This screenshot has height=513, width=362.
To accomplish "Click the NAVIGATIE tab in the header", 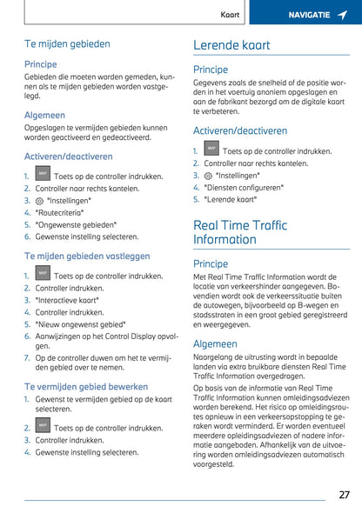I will [309, 15].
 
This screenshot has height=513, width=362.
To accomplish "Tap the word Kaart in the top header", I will [230, 15].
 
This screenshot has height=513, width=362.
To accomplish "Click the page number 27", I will [345, 494].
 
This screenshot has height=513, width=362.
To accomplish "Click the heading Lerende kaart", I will [231, 45].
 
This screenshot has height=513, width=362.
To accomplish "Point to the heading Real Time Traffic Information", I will [240, 232].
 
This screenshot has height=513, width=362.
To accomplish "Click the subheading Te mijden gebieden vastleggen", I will [87, 256].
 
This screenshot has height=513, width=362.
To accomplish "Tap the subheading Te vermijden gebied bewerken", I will [86, 386].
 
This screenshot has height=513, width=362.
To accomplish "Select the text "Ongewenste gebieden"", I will [76, 224].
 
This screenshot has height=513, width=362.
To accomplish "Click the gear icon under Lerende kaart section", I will [208, 176].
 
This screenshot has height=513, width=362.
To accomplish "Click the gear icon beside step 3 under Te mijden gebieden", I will [40, 200].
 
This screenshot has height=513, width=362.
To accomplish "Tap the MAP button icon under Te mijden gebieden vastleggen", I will [42, 274].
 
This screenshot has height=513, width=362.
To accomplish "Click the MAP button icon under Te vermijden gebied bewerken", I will [42, 426].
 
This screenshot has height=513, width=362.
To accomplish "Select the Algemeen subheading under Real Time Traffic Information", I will [215, 344].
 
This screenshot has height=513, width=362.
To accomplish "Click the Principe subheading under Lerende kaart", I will [211, 70].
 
